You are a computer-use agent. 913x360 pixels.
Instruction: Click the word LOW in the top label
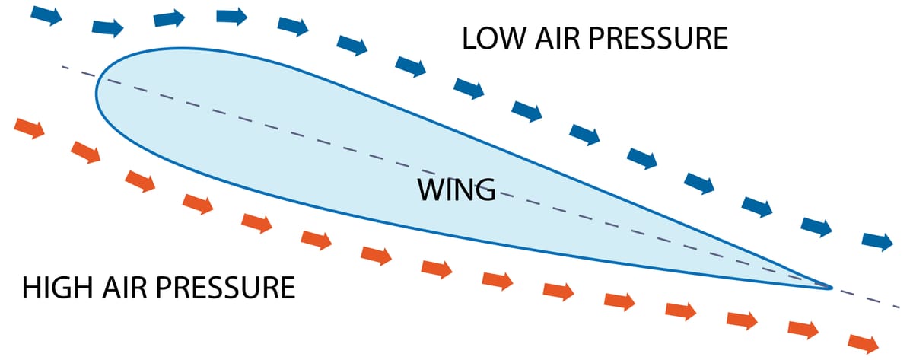tap(494, 38)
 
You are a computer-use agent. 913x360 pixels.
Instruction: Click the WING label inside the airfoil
tap(456, 190)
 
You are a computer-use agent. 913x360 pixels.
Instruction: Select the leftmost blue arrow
tap(46, 15)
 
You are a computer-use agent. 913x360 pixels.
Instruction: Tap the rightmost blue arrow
tap(877, 241)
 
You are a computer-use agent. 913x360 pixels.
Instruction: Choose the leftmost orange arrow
tap(30, 128)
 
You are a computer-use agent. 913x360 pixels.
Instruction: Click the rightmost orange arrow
tap(864, 344)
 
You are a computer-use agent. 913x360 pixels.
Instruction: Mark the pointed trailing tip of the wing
tap(832, 288)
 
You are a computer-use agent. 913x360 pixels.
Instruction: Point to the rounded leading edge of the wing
tap(97, 93)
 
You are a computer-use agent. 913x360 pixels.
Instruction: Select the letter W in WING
tap(431, 190)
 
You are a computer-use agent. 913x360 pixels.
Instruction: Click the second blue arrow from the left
tap(107, 27)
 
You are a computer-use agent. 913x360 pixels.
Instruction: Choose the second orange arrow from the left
tap(85, 152)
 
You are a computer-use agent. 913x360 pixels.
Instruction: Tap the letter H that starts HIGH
tap(31, 288)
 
